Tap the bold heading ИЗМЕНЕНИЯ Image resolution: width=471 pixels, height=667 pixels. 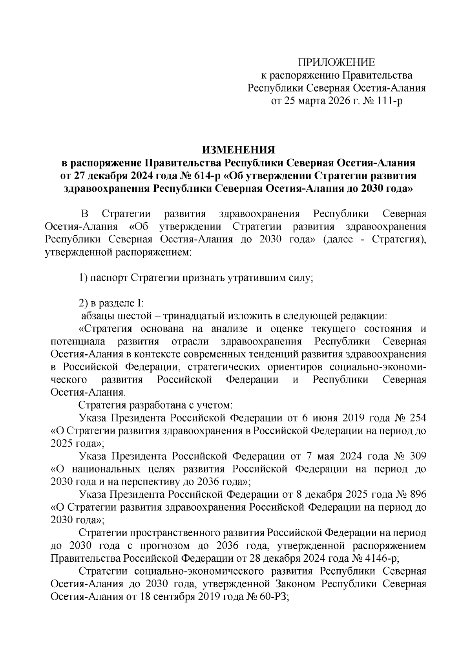[x=239, y=150]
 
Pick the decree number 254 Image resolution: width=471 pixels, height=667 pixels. [x=417, y=418]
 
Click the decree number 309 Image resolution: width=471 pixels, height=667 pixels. [x=417, y=456]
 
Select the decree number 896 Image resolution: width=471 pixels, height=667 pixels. [x=417, y=494]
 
